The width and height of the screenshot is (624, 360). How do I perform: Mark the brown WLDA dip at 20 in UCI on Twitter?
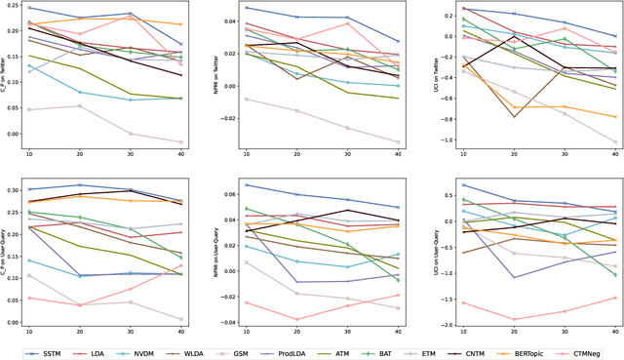click(x=514, y=117)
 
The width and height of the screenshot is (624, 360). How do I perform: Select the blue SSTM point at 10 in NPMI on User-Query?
click(x=247, y=184)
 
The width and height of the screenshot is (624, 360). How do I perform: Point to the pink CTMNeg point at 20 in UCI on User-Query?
click(x=514, y=319)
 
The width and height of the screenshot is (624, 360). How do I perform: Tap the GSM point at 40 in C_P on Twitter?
click(x=180, y=142)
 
